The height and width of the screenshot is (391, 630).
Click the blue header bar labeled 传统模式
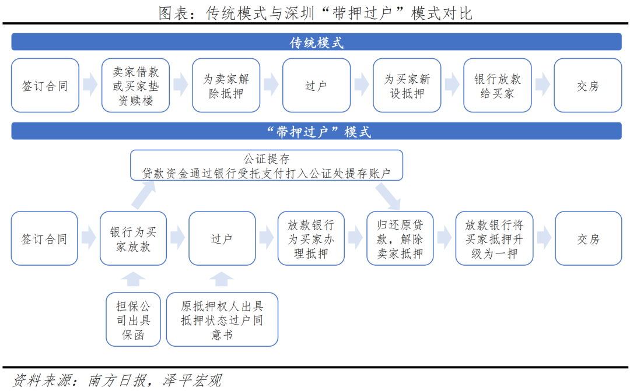click(x=316, y=42)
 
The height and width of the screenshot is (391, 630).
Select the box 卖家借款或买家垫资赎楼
click(x=135, y=85)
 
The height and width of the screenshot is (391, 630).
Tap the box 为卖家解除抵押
click(x=226, y=85)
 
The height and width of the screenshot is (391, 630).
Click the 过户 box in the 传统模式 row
click(x=316, y=85)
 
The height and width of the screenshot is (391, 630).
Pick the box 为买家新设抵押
click(x=407, y=85)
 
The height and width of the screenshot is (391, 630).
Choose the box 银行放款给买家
click(x=498, y=85)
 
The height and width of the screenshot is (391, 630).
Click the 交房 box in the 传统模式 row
click(x=588, y=85)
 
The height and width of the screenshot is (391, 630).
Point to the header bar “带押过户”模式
click(x=316, y=131)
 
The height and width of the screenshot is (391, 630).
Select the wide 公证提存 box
click(x=267, y=165)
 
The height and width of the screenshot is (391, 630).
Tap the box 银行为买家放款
click(x=133, y=238)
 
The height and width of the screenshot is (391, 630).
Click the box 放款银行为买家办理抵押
click(x=311, y=238)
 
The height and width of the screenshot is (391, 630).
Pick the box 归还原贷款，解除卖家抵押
click(x=400, y=238)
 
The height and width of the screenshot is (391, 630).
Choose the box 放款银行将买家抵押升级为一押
click(x=494, y=238)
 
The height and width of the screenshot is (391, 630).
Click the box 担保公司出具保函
click(x=133, y=319)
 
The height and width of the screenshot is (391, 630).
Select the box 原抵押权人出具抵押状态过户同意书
click(x=222, y=319)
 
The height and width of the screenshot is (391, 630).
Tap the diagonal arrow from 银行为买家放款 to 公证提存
click(x=143, y=195)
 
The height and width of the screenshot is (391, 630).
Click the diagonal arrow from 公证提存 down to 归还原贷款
click(x=388, y=196)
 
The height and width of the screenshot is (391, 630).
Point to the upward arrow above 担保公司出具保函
click(x=133, y=279)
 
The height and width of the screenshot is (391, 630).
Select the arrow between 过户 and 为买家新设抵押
click(x=362, y=84)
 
